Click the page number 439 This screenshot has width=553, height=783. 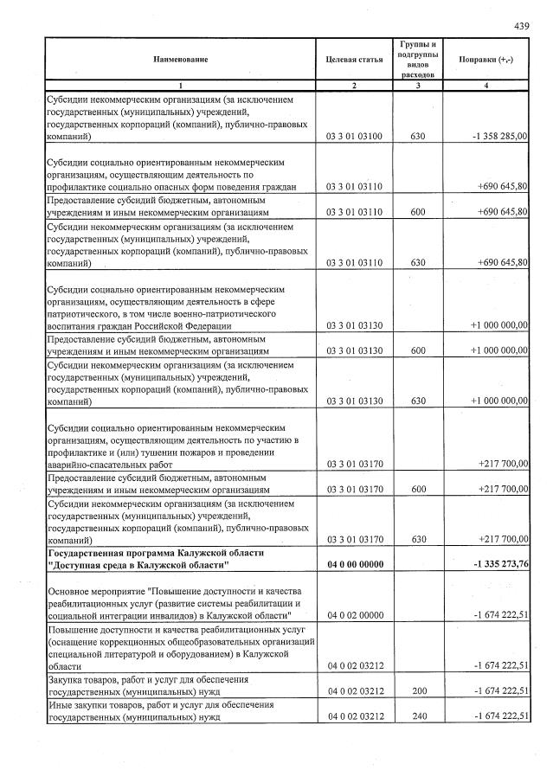522,27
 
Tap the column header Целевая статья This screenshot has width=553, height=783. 354,59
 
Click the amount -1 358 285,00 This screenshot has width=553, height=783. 500,137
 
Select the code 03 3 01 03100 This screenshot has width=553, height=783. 355,137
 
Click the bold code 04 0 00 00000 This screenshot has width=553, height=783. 355,565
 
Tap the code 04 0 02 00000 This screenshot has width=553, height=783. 355,615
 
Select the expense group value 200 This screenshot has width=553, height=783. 418,691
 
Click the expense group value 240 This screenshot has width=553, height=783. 418,717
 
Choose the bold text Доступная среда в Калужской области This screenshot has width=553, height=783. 138,565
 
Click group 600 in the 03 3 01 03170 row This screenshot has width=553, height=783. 418,489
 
